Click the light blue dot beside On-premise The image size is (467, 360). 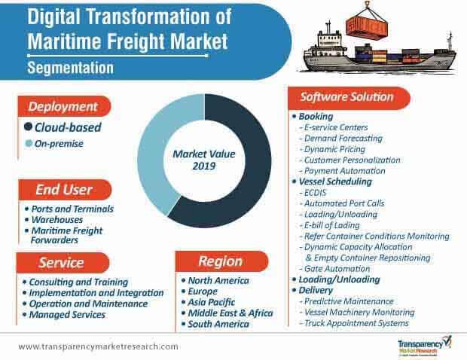coord(29,143)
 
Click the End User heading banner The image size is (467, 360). coord(69,189)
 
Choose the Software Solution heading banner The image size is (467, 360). coord(346,97)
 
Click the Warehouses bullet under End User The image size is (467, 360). coord(56,220)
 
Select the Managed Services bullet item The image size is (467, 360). coord(68,314)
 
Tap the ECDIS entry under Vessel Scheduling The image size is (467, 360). coord(316,193)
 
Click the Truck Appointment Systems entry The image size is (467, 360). coord(355,322)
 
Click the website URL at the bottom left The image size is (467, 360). coord(98,346)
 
